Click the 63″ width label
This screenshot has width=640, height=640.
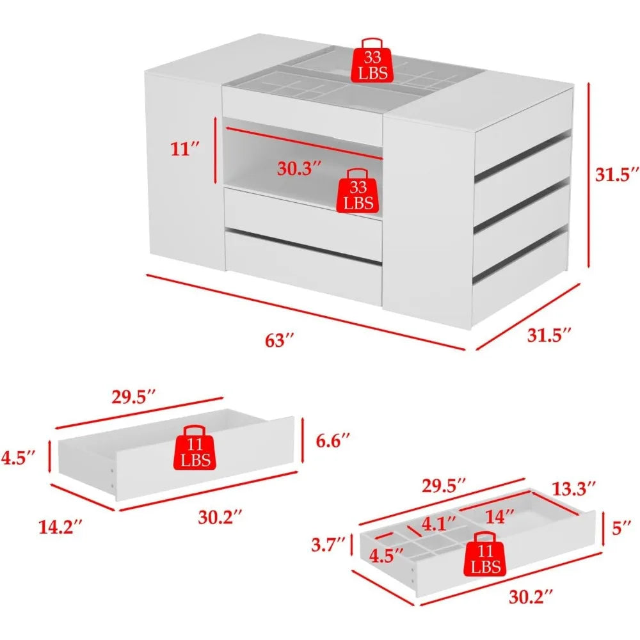pos(279,340)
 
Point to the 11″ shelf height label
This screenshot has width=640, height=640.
pos(185,149)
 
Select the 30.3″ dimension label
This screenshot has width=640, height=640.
pos(299,168)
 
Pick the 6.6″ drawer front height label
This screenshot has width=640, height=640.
pos(333,441)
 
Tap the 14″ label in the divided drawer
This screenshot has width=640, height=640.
pos(500,516)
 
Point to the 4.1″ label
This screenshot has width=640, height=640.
pos(439,524)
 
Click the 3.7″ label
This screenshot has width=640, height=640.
pos(328,545)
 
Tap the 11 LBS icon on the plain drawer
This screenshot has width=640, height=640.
pos(195,448)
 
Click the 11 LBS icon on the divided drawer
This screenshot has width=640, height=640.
pos(484,554)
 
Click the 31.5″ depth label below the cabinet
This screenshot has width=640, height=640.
pos(548,335)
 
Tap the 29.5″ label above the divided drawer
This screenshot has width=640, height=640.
pos(444,486)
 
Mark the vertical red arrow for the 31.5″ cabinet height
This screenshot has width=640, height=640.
pos(589,175)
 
